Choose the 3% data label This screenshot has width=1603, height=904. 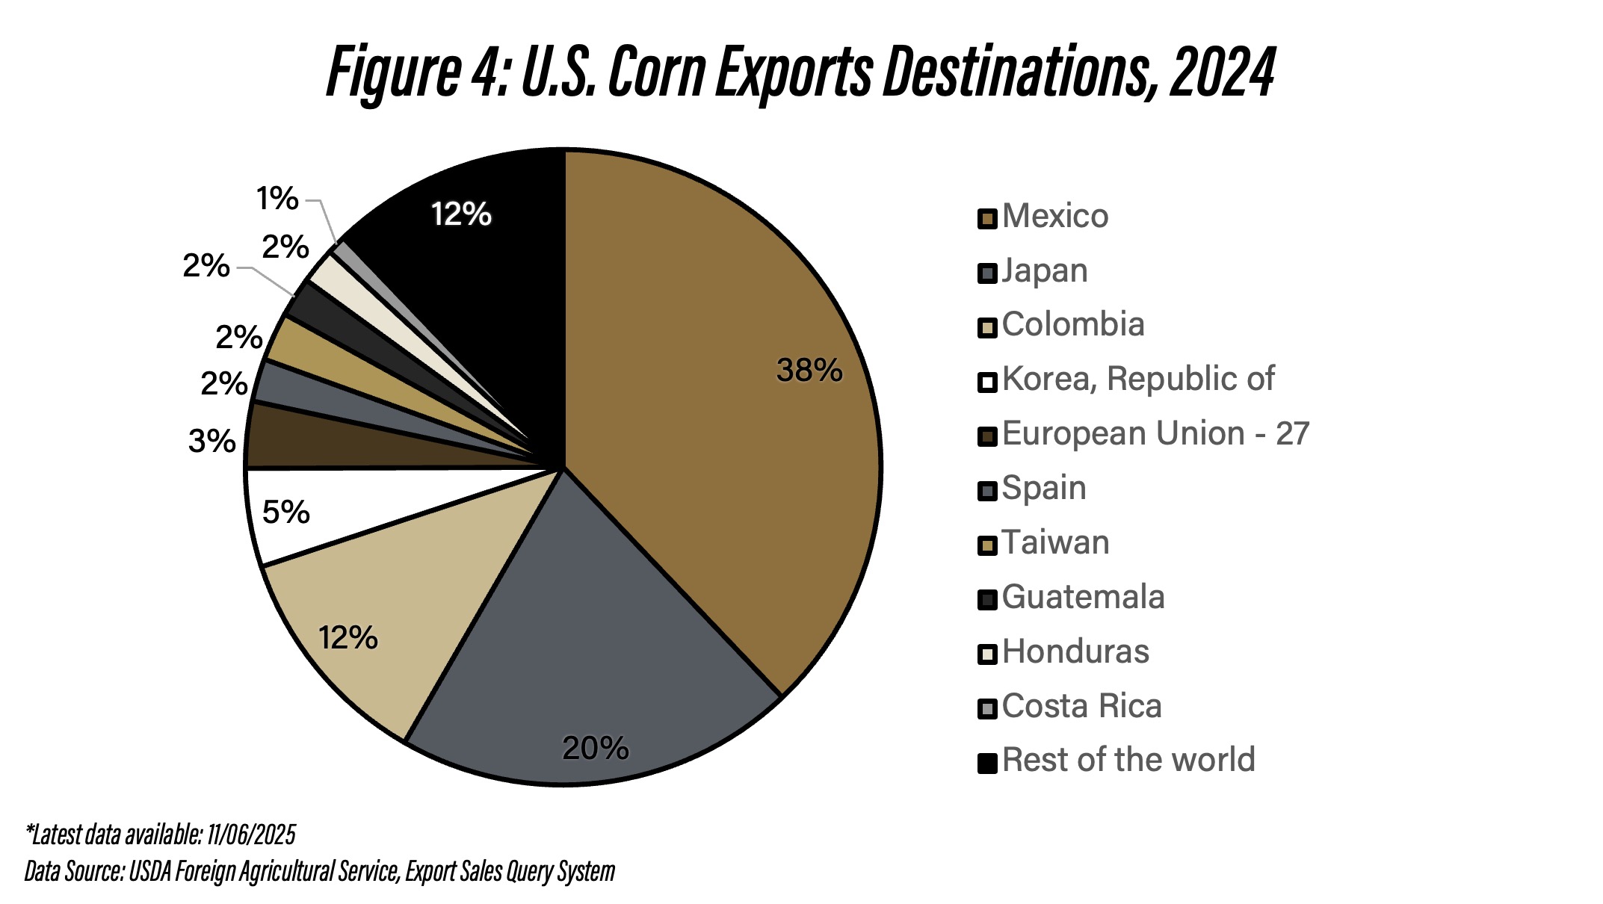click(211, 442)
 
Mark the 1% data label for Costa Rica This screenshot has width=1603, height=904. click(277, 199)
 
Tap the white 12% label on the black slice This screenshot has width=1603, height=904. click(461, 215)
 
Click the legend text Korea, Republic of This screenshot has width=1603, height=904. click(1137, 380)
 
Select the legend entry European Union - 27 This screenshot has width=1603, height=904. click(1155, 434)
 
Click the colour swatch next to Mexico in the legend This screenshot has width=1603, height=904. click(987, 219)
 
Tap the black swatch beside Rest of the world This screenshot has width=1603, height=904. click(987, 763)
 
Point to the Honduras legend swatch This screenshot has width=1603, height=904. click(987, 654)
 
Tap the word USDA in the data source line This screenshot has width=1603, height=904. click(149, 871)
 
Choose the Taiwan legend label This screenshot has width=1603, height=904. click(1055, 543)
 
